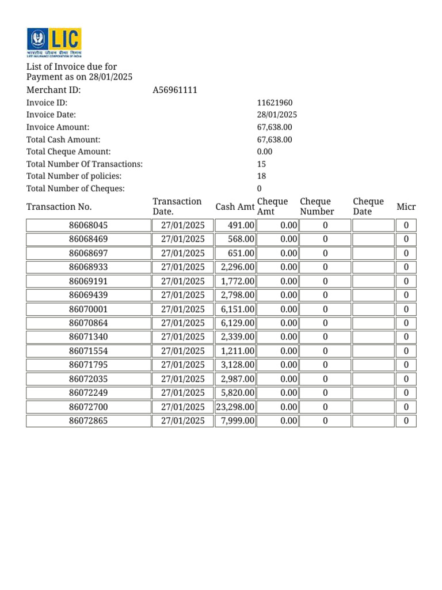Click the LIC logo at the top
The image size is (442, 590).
(54, 43)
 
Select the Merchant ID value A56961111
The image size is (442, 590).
(175, 90)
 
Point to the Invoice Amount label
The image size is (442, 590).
(58, 127)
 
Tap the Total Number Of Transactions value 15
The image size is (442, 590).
(261, 164)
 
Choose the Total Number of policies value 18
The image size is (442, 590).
(261, 176)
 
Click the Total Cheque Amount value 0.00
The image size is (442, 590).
(265, 152)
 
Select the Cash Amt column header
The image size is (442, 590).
(235, 207)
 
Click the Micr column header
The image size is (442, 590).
(406, 207)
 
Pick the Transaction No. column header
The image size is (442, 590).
(59, 207)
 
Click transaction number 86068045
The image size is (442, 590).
(88, 225)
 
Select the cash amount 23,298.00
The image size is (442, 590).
(235, 407)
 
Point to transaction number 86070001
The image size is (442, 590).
(88, 309)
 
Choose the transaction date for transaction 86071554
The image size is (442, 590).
(182, 351)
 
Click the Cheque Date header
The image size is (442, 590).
(368, 206)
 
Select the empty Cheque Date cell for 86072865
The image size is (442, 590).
(372, 421)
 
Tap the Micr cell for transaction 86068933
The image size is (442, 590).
(406, 267)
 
